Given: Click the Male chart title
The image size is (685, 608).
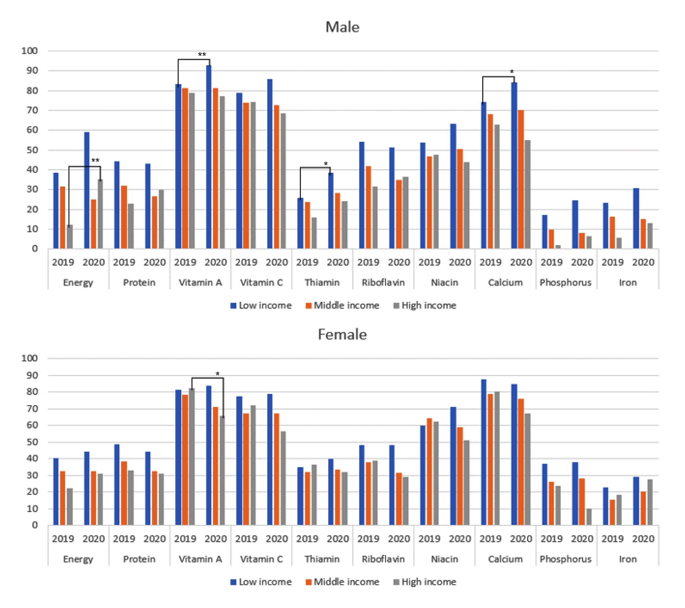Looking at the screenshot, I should [x=342, y=27].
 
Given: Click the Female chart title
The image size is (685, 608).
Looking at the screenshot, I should [x=342, y=334].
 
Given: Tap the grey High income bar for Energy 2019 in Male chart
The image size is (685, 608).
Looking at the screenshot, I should [x=70, y=237].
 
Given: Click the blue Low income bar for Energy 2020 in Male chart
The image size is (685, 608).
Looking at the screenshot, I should [x=86, y=190].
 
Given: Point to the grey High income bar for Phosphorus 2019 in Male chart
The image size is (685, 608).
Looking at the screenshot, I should [x=558, y=247].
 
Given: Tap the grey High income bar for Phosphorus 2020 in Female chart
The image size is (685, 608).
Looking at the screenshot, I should [x=589, y=517].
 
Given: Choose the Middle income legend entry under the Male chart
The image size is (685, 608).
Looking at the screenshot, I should [x=342, y=305].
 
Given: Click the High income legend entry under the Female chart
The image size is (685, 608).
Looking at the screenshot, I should [x=425, y=582].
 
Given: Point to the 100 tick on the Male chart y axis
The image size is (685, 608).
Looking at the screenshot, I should [x=29, y=51].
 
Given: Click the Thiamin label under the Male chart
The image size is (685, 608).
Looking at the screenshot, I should [x=322, y=282].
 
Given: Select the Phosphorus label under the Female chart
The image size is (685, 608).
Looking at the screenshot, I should [x=566, y=559].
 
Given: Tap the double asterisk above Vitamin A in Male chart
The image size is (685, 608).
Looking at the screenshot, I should [x=202, y=55].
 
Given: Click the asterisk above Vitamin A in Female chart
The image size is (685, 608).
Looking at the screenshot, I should [x=217, y=374].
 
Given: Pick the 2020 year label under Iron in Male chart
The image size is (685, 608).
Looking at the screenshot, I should [x=643, y=262].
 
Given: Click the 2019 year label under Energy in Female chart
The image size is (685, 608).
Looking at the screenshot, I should [x=63, y=539].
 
